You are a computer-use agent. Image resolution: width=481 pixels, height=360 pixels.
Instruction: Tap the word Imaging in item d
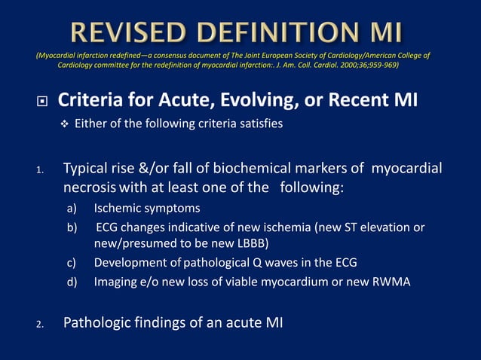[116, 282]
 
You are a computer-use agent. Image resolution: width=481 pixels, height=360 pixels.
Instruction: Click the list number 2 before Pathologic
[40, 325]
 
